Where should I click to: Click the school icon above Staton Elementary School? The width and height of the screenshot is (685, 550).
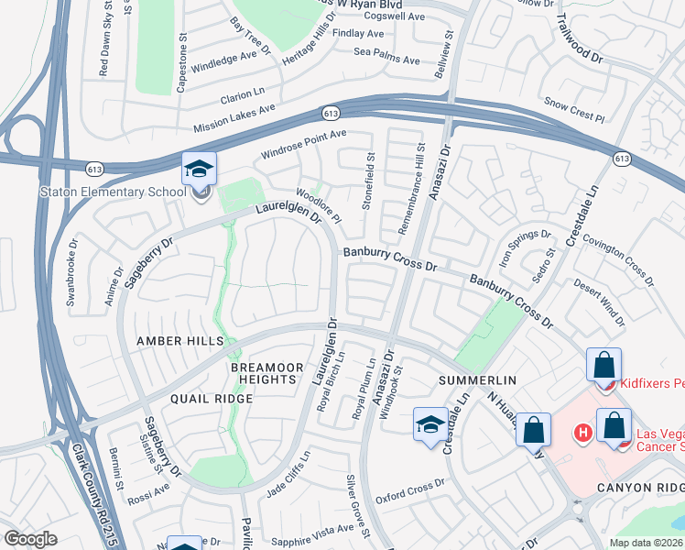(x=199, y=170)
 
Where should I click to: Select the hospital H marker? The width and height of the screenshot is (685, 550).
(x=581, y=432)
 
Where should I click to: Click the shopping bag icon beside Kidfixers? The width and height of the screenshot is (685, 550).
(x=604, y=366)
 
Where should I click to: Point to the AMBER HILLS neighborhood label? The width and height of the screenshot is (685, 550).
(x=180, y=341)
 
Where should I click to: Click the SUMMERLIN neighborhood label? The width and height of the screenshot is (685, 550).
(x=478, y=379)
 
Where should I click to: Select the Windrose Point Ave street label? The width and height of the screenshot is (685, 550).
(x=304, y=144)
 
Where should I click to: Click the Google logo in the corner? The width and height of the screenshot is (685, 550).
(x=30, y=538)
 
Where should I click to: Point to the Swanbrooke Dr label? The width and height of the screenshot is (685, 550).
(x=71, y=272)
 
